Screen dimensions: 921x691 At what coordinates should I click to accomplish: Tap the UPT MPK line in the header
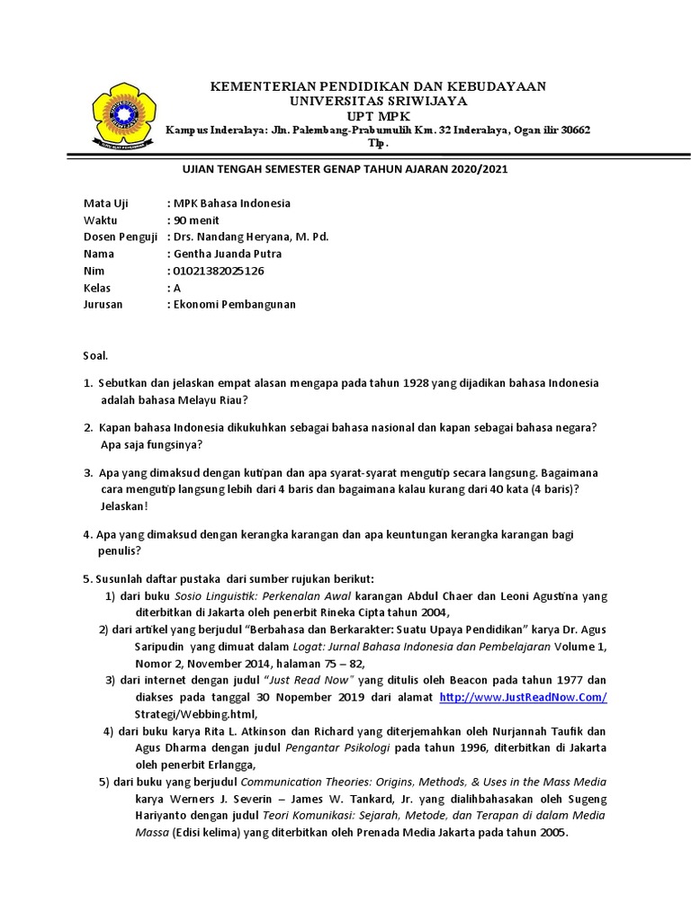tap(378, 116)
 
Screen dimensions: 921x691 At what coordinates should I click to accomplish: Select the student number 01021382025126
tap(220, 271)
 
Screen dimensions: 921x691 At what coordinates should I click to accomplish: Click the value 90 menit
tap(197, 220)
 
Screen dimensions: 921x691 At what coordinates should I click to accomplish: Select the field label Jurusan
tap(103, 304)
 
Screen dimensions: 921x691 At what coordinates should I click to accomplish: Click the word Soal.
tap(95, 356)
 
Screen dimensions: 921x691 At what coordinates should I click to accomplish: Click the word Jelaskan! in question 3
tap(124, 506)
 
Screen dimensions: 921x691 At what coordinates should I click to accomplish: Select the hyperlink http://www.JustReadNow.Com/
tap(523, 698)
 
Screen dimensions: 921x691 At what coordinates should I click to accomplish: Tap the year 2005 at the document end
tap(552, 833)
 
